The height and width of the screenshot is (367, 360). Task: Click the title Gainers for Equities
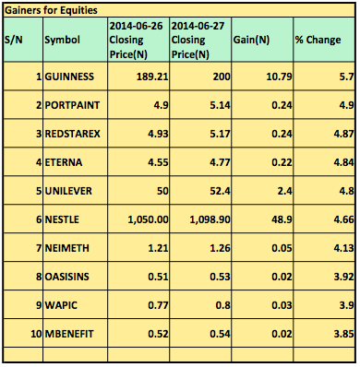pyautogui.click(x=51, y=10)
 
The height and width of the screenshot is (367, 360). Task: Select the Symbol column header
pyautogui.click(x=63, y=40)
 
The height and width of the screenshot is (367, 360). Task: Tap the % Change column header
pyautogui.click(x=318, y=40)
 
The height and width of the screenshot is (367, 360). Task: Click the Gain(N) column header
pyautogui.click(x=251, y=40)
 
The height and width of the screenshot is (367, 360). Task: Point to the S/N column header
pyautogui.click(x=14, y=40)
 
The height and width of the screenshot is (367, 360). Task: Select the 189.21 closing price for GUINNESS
pyautogui.click(x=152, y=77)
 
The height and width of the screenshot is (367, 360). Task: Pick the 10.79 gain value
pyautogui.click(x=279, y=77)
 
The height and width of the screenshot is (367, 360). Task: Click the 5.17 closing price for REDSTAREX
pyautogui.click(x=220, y=134)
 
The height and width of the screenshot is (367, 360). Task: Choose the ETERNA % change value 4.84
pyautogui.click(x=343, y=162)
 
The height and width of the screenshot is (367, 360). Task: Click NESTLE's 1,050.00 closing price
pyautogui.click(x=148, y=219)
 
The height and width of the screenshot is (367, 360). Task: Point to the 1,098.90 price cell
pyautogui.click(x=210, y=219)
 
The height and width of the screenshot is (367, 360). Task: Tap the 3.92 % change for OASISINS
pyautogui.click(x=343, y=277)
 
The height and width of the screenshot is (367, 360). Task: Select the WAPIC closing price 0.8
pyautogui.click(x=222, y=305)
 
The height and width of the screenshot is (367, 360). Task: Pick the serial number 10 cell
pyautogui.click(x=36, y=334)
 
